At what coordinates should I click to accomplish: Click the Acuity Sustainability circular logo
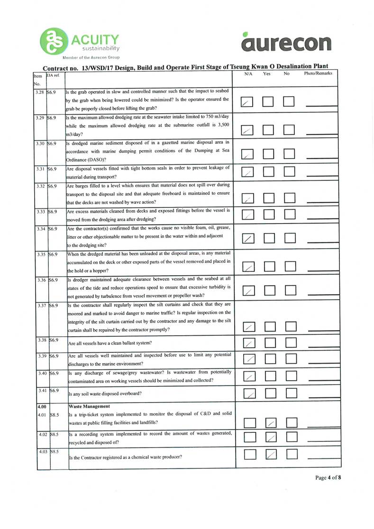53,41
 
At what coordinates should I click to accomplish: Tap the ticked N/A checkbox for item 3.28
247,102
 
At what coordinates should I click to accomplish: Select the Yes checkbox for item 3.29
269,130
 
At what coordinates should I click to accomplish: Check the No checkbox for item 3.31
290,173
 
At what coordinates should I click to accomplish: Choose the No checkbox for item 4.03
290,455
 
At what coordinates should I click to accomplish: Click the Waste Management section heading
89,406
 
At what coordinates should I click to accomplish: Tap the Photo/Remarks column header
318,74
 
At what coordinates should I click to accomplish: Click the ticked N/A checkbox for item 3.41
248,393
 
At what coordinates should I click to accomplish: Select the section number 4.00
42,406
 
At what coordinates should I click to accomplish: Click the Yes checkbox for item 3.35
269,267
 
